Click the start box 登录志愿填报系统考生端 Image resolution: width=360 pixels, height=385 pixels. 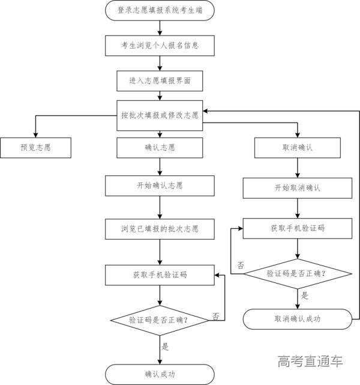(160, 10)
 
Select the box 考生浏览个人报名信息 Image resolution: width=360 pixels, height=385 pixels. (160, 45)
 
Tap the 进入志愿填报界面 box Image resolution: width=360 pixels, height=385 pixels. (160, 79)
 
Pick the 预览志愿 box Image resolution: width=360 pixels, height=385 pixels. (35, 147)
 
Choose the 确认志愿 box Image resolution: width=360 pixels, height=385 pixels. (160, 147)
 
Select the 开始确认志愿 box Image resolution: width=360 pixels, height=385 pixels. (160, 186)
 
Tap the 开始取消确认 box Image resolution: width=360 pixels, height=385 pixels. (297, 188)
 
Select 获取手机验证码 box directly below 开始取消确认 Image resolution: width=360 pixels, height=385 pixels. (297, 228)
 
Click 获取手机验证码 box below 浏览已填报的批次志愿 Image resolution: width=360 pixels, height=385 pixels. (160, 274)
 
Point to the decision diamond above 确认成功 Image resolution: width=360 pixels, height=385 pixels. (160, 320)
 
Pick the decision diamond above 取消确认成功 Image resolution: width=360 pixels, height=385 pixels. (297, 273)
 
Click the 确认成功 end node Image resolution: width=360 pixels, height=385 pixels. (160, 374)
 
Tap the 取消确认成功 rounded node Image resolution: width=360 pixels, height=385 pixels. (297, 319)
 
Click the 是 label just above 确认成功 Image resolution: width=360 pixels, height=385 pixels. (166, 347)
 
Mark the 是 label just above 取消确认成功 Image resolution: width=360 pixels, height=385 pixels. (304, 296)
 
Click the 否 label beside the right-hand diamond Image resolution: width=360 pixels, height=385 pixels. (241, 265)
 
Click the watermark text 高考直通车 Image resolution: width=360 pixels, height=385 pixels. (310, 361)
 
